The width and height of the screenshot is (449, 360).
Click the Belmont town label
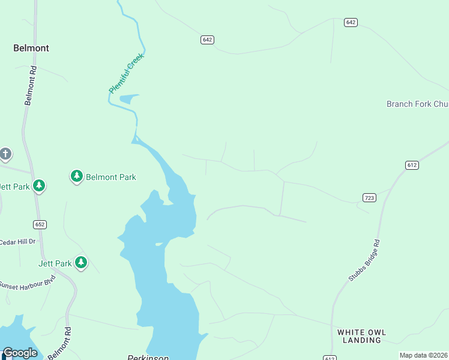tap(31, 48)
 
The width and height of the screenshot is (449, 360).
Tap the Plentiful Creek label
tap(127, 73)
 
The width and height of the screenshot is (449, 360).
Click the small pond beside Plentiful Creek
tap(128, 99)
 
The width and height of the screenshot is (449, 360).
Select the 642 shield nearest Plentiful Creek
tap(207, 40)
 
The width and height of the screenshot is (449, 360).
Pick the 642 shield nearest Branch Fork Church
tap(351, 22)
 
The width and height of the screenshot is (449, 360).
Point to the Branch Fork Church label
tap(417, 104)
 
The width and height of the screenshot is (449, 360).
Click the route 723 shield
tap(369, 197)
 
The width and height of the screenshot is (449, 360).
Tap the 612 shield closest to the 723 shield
tap(411, 165)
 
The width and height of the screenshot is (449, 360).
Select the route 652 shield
tap(40, 224)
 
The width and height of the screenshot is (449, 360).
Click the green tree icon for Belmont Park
tap(76, 176)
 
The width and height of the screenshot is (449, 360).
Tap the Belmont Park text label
tap(111, 177)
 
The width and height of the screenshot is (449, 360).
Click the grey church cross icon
tap(5, 154)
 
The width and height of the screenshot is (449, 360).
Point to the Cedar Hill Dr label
tap(17, 242)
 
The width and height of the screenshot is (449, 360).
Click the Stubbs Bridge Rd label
tap(364, 261)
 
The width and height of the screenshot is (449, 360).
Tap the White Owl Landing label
tap(361, 336)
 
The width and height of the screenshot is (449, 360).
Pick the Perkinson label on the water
tap(148, 357)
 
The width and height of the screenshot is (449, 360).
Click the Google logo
tap(20, 353)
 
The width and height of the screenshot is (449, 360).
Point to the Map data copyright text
tap(423, 355)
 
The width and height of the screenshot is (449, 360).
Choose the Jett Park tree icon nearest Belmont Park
tap(39, 185)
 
